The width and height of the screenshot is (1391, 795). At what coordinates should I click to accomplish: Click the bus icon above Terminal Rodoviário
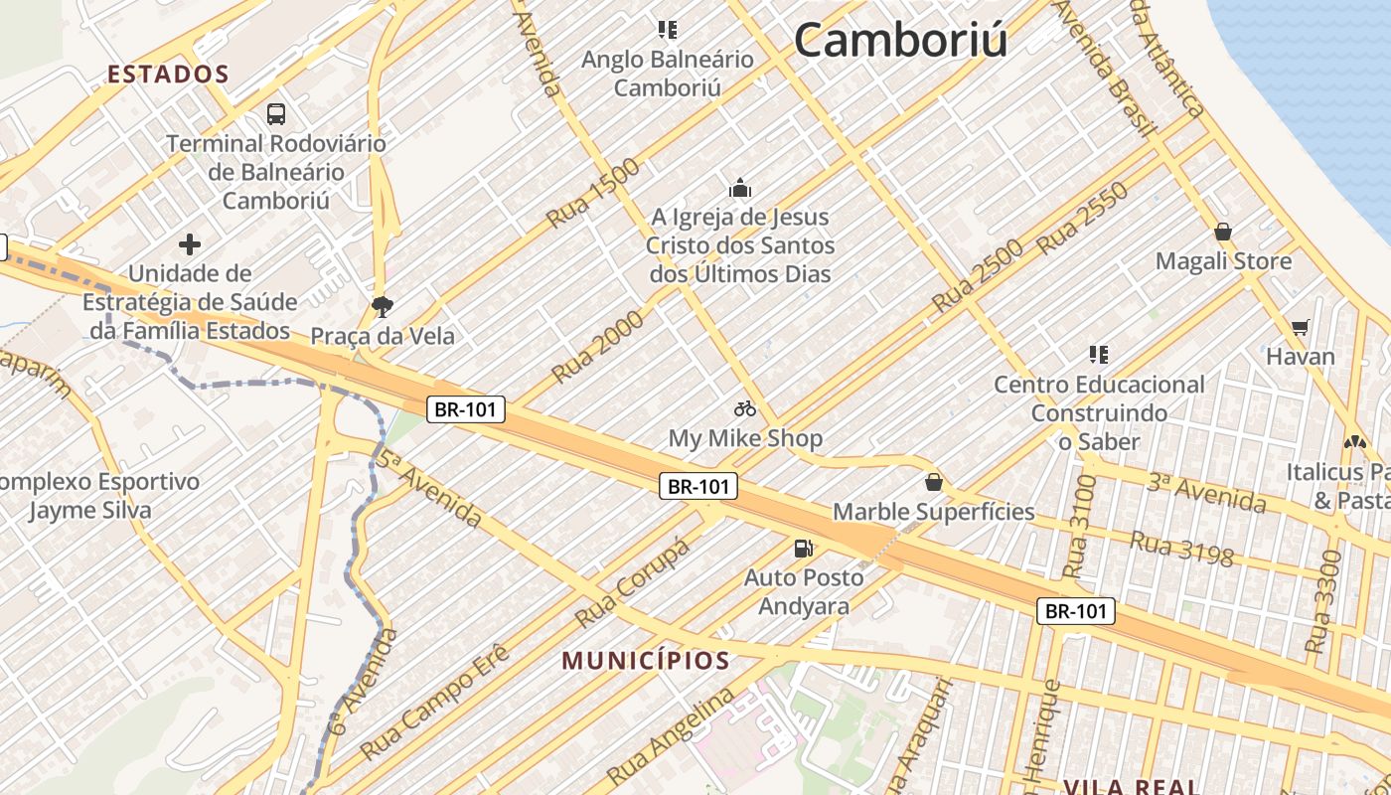tap(276, 114)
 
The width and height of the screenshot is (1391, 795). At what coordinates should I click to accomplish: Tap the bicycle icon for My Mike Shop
tap(745, 408)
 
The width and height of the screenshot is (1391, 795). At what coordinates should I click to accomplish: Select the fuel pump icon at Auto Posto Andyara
tap(803, 548)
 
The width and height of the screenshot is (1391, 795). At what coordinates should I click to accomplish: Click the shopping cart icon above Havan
tap(1300, 327)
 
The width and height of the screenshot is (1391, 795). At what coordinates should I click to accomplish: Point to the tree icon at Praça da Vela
tap(382, 306)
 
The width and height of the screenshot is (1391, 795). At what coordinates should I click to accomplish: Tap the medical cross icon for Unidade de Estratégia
tap(190, 243)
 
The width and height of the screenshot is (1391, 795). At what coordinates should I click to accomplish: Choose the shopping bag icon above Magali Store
tap(1223, 232)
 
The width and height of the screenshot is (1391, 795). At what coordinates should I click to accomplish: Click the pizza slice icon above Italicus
tap(1354, 441)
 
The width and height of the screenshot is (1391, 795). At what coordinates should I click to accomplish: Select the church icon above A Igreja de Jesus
tap(739, 188)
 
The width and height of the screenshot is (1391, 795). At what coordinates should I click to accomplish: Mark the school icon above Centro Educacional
tap(1098, 354)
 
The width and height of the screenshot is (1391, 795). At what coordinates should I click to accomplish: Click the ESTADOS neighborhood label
tap(168, 75)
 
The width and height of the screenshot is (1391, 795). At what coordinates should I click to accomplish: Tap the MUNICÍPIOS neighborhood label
tap(646, 661)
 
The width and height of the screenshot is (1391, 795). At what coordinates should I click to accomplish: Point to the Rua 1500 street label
tap(593, 192)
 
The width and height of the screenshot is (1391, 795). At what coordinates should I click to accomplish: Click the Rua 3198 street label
tap(1182, 548)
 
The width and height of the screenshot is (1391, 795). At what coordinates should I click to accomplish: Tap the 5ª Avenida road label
tap(429, 489)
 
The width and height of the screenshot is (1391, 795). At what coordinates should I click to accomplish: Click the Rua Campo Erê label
tap(435, 701)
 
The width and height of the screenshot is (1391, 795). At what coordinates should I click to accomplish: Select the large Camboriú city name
tap(900, 41)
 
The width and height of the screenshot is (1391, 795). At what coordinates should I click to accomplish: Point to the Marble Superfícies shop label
tap(933, 512)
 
